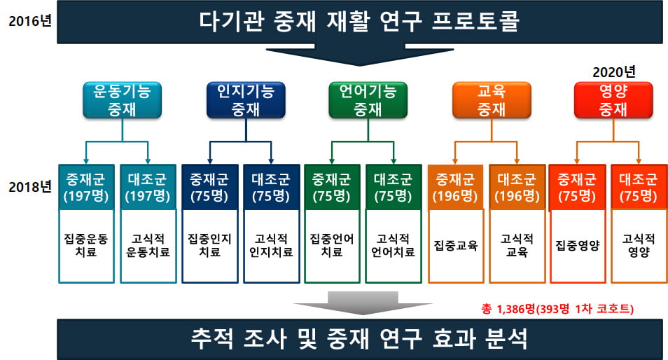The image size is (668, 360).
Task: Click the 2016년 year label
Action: (x=30, y=20)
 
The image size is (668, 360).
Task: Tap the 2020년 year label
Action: (x=614, y=72)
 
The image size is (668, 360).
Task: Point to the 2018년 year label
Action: (x=30, y=186)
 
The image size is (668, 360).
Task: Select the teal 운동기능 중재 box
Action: (x=123, y=100)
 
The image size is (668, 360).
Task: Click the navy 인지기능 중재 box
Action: (x=246, y=100)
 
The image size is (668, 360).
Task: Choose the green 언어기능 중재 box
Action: (x=368, y=100)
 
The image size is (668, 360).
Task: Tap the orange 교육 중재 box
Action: (x=492, y=100)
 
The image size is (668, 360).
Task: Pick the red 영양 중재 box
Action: (x=613, y=100)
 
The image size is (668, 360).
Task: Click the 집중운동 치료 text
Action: (x=86, y=245)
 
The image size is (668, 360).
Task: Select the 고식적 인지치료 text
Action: (x=272, y=245)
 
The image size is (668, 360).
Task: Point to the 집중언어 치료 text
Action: (x=332, y=245)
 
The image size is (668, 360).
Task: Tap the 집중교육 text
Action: (x=456, y=245)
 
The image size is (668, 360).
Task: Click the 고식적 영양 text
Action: (x=639, y=245)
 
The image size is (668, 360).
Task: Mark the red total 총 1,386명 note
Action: (x=557, y=308)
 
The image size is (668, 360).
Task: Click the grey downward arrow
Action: (x=363, y=303)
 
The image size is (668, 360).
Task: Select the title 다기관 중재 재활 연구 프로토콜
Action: (x=360, y=21)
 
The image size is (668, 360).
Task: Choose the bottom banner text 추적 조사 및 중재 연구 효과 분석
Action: (x=360, y=339)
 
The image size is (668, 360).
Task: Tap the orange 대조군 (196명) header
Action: (x=517, y=188)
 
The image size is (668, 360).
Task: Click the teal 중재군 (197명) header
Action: (x=86, y=188)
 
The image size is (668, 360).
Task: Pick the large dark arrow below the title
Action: (x=360, y=55)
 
